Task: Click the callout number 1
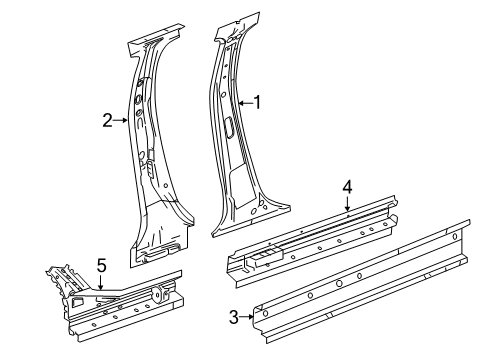coord(257,101)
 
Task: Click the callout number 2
coord(107,120)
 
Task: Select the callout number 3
coord(234,317)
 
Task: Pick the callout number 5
coord(101,265)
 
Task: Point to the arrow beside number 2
coord(120,120)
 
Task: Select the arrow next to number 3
coord(247,317)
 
